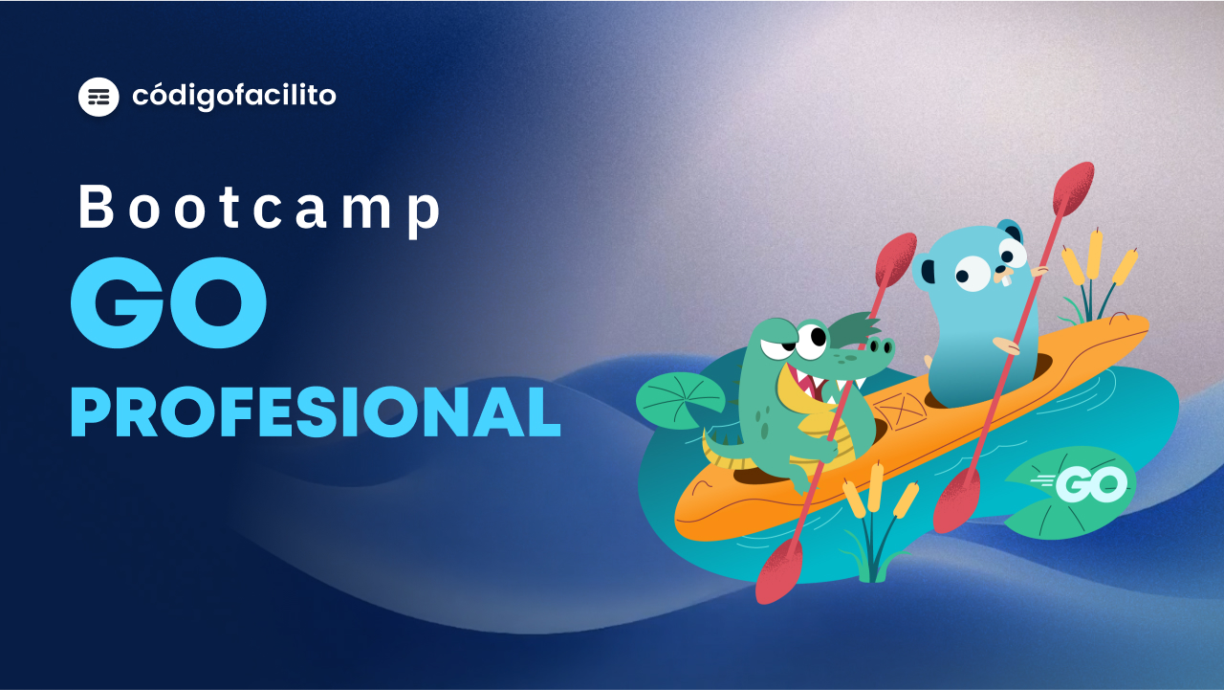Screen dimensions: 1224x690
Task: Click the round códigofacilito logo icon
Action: pyautogui.click(x=98, y=97)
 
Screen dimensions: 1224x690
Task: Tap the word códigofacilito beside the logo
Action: pyautogui.click(x=234, y=97)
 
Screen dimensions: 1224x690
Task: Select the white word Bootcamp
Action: pyautogui.click(x=259, y=210)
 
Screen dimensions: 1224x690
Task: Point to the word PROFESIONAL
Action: pyautogui.click(x=316, y=412)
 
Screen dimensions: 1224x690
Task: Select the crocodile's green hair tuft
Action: pyautogui.click(x=854, y=329)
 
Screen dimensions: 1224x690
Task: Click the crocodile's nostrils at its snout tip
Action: pyautogui.click(x=881, y=345)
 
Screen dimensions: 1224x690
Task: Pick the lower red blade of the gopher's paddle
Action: pyautogui.click(x=955, y=501)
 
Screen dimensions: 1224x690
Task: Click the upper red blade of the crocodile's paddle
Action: pyautogui.click(x=896, y=259)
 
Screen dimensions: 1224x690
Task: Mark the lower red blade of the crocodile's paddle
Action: pyautogui.click(x=779, y=572)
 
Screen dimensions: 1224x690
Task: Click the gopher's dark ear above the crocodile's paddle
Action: pyautogui.click(x=928, y=271)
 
